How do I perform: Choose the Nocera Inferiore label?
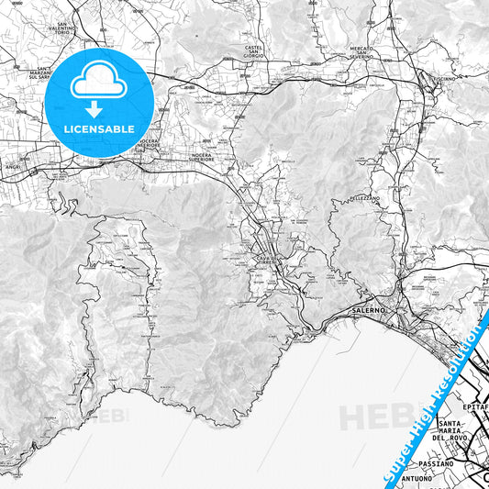point(149,145)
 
